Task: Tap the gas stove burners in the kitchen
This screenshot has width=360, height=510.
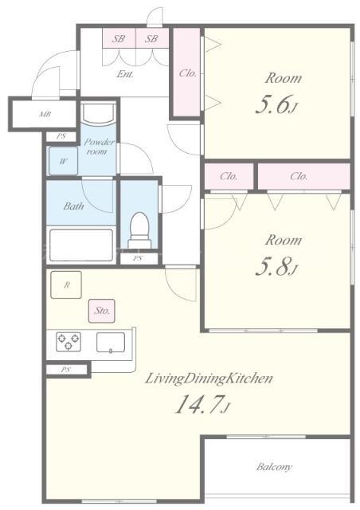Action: click(68, 342)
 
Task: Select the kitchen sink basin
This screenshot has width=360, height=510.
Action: click(111, 342)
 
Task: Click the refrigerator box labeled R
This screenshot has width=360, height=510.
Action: click(66, 285)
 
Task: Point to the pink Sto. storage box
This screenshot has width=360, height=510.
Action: click(101, 311)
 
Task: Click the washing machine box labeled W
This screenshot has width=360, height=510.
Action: click(64, 161)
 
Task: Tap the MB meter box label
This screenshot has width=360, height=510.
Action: click(45, 114)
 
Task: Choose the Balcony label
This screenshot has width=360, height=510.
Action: click(274, 468)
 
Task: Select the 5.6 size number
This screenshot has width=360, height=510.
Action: click(272, 104)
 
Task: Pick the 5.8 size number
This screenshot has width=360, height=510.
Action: click(272, 268)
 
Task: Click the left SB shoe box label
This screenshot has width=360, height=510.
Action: click(119, 39)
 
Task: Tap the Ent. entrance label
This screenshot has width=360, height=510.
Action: click(125, 74)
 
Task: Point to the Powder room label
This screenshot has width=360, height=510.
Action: click(99, 147)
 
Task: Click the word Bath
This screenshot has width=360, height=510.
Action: click(73, 206)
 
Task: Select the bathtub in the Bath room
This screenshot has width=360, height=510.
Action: click(81, 245)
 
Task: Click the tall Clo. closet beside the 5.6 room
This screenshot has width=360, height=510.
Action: click(186, 73)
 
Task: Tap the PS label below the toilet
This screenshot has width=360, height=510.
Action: click(138, 258)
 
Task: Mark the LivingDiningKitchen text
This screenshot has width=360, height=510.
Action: click(209, 379)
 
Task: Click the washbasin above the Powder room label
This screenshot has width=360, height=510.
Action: click(98, 113)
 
